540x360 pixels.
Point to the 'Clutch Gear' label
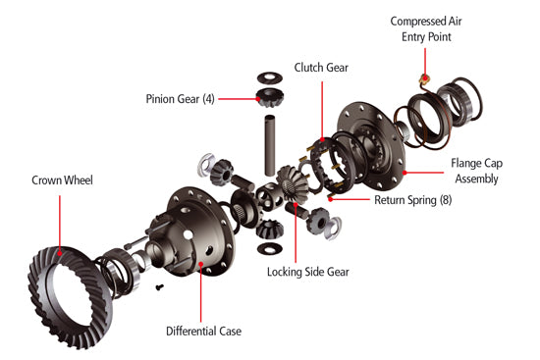[321, 68]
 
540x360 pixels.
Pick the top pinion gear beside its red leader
[268, 97]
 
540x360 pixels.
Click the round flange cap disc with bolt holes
[374, 143]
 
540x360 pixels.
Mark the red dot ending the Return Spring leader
[331, 198]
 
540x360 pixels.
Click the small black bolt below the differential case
[159, 286]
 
